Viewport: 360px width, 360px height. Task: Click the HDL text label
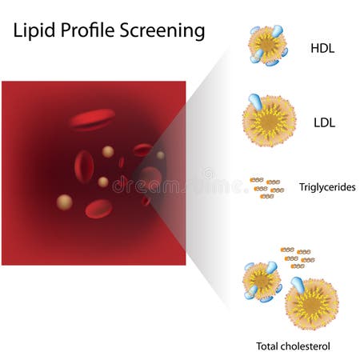coord(323,48)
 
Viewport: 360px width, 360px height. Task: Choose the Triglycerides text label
coord(327,188)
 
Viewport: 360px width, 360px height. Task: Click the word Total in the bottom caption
coord(268,346)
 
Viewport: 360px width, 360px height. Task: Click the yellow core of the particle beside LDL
coord(270,122)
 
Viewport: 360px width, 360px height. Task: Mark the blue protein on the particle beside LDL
coord(254,102)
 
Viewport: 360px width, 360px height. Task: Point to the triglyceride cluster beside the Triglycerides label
coord(266,188)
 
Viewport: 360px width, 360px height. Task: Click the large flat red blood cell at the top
coord(91,120)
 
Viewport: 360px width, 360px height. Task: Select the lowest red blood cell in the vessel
coord(98,209)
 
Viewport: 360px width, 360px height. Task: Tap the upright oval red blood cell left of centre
coord(84,166)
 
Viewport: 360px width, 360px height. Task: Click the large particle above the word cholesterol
coord(312,305)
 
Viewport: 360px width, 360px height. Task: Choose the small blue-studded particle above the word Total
coord(261,281)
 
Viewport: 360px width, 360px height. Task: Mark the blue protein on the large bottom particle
coord(298,285)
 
